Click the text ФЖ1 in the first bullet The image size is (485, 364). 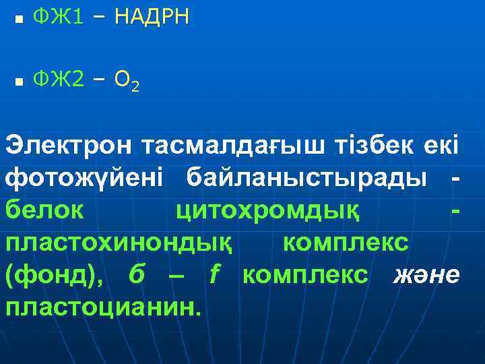(58, 18)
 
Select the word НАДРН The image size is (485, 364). (152, 18)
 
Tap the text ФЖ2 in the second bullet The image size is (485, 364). (60, 80)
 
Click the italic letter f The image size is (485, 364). (216, 275)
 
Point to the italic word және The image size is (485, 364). (426, 276)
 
